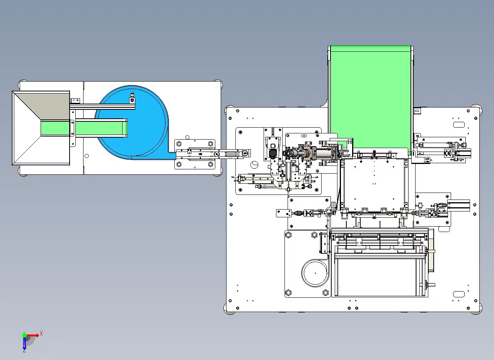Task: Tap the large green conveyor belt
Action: click(370, 97)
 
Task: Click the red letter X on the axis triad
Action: click(41, 333)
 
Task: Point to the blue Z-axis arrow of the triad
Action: click(24, 343)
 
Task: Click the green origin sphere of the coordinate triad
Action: click(24, 335)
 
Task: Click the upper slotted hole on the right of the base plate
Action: click(459, 125)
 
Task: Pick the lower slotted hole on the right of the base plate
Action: click(459, 294)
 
